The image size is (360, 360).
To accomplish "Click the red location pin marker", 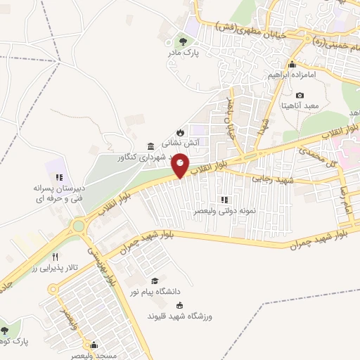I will pos(181,165).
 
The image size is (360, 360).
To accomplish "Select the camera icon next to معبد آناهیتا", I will pos(300,95).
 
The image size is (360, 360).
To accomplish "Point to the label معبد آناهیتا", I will pos(300,105).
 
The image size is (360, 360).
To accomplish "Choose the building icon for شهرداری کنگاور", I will pos(150,146).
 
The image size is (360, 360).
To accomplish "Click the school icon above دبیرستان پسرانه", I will pos(60,177).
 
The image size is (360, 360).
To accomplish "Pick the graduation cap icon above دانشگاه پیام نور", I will pos(155,281).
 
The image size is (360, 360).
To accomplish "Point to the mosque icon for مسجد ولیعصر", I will pos(94,345).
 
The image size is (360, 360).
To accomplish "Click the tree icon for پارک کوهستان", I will pos(6,330).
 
